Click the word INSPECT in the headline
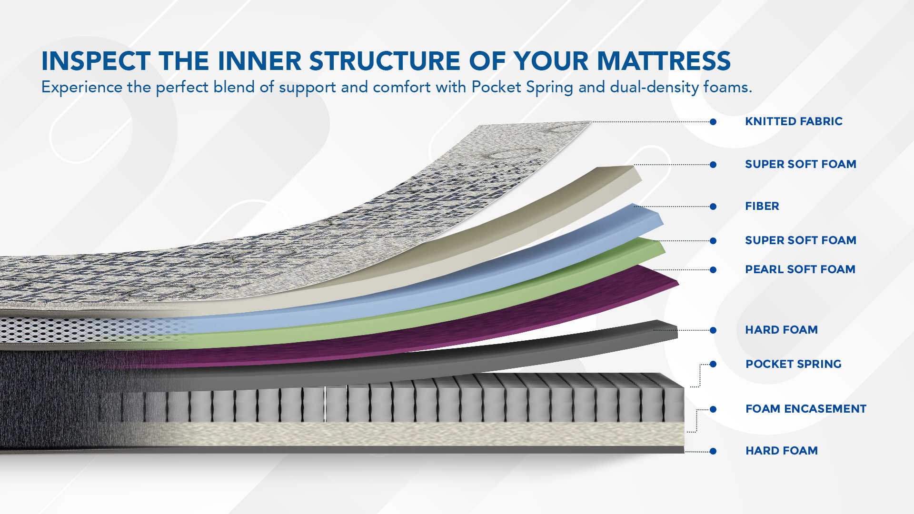click(96, 61)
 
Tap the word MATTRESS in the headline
click(664, 61)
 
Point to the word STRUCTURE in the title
click(385, 61)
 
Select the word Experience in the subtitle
click(82, 88)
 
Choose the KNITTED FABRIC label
click(794, 121)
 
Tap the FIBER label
click(762, 206)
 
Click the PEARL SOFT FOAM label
click(800, 269)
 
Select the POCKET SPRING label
click(794, 364)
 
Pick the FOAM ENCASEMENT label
click(806, 409)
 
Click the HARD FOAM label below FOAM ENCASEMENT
click(782, 451)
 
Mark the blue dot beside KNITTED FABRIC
click(713, 122)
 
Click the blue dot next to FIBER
click(713, 207)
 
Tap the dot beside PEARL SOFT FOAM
click(713, 270)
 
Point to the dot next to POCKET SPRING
click(713, 364)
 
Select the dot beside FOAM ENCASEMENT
click(713, 409)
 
